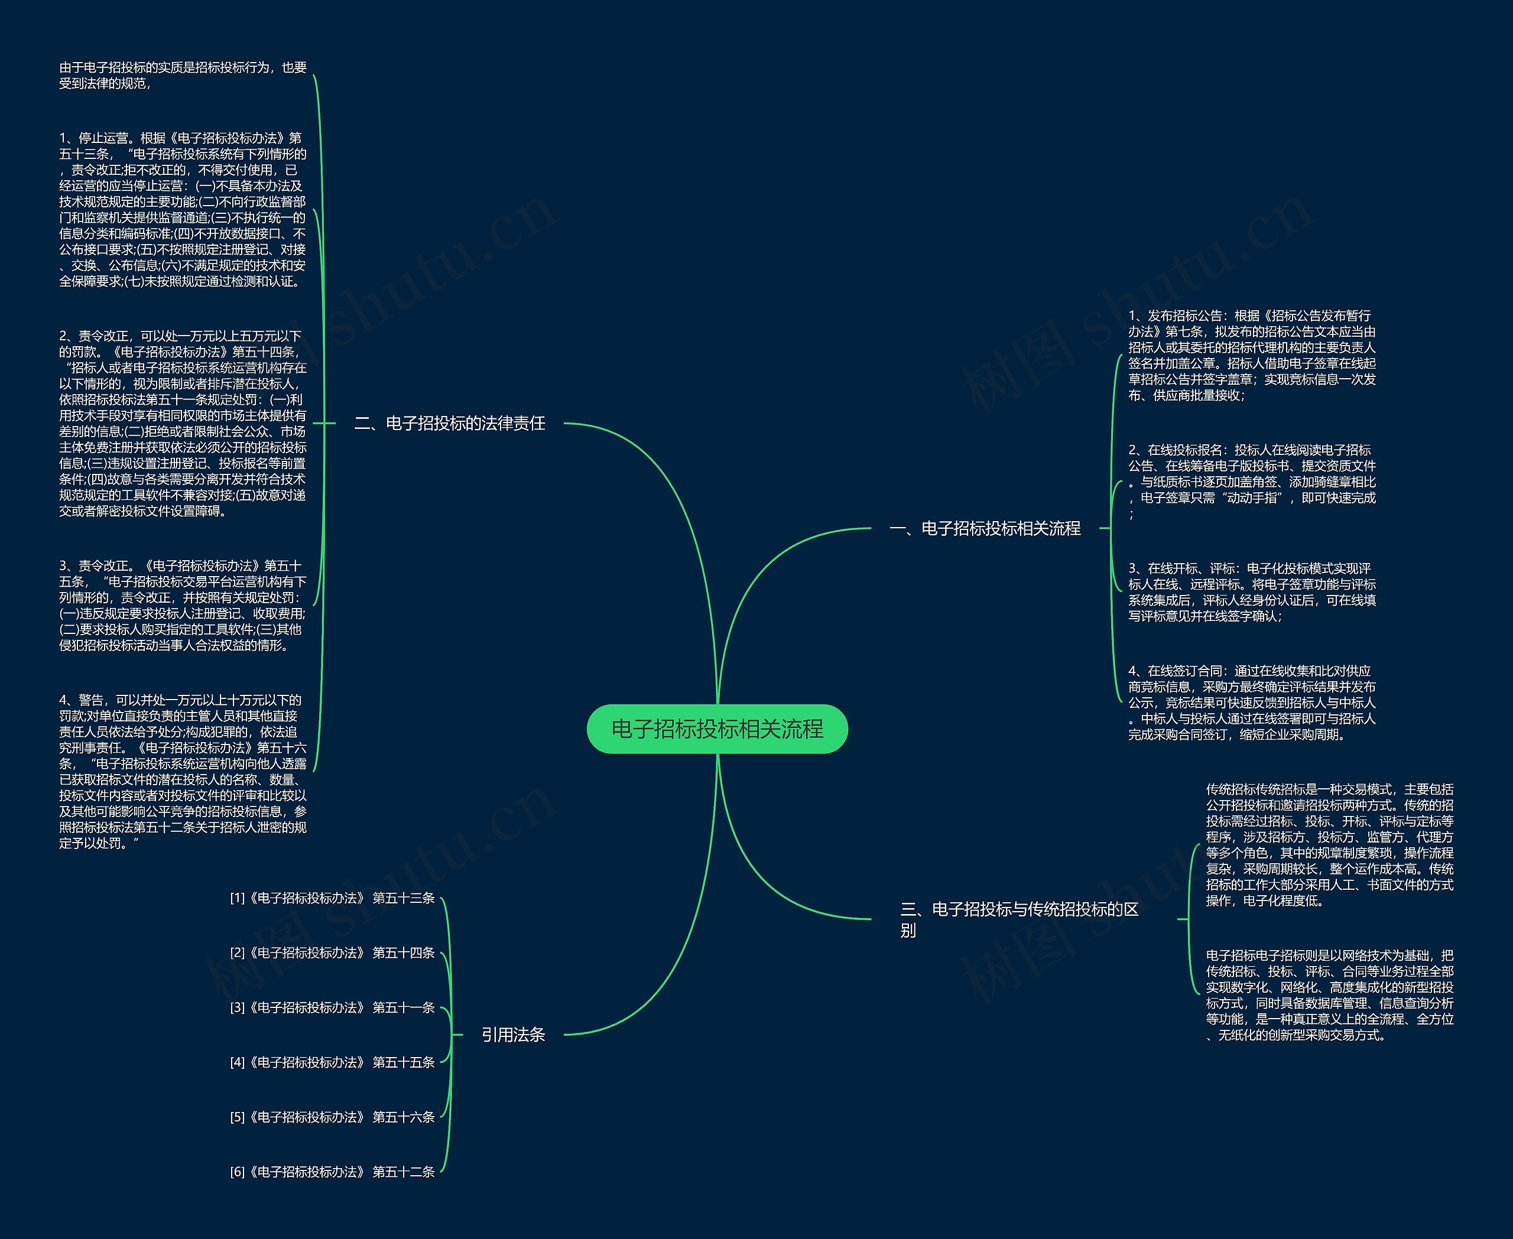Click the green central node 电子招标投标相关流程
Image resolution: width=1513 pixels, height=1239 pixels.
pos(717,729)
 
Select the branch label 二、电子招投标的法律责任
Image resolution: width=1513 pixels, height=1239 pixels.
pos(449,423)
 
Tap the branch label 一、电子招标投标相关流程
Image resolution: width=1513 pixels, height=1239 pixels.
pos(985,528)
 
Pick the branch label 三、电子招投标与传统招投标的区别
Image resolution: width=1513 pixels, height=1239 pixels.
pos(1019,919)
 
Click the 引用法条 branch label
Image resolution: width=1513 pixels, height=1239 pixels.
pos(512,1034)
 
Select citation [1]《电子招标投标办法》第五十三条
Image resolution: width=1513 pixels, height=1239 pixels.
pos(332,898)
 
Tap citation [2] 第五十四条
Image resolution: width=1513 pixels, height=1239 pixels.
pos(332,953)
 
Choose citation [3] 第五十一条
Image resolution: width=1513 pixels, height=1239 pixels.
pos(332,1007)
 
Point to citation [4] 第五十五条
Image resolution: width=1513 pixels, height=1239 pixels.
pos(332,1062)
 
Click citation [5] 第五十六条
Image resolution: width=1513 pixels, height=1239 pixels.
pos(332,1117)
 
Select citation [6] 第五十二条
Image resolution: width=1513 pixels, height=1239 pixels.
pos(332,1172)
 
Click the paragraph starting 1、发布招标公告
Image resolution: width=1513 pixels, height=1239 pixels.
pos(1251,355)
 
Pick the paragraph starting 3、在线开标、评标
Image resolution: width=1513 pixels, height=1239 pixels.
pos(1251,591)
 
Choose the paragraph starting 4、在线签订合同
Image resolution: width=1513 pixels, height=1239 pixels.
pos(1251,703)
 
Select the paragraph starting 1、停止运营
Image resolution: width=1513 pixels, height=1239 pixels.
pos(183,209)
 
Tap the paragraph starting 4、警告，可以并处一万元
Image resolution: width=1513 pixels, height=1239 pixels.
pos(183,771)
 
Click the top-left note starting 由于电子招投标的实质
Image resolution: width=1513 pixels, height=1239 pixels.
pos(183,75)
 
